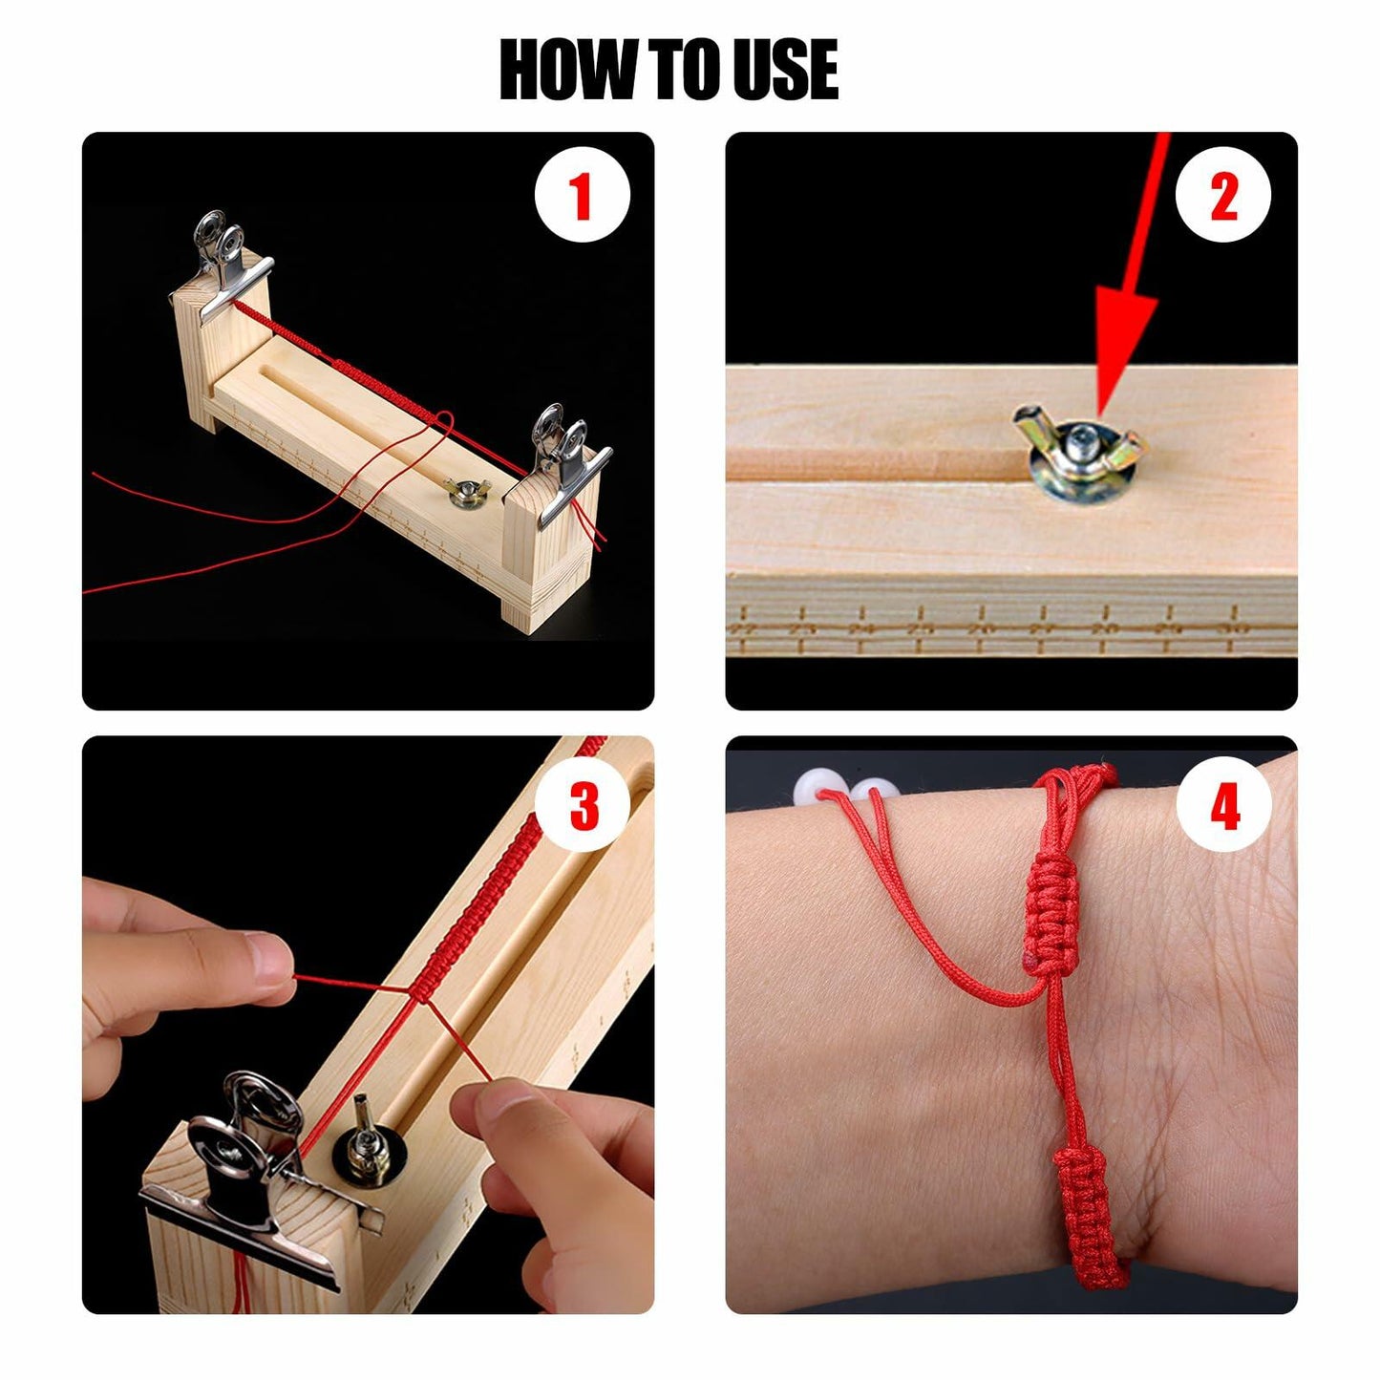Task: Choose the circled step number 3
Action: coord(583,805)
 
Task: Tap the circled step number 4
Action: coord(1224,805)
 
